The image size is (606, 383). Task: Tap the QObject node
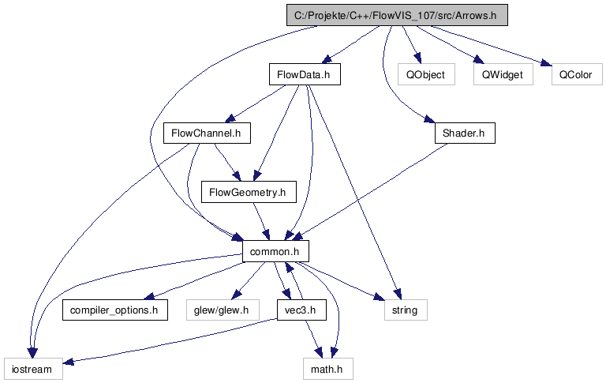(425, 75)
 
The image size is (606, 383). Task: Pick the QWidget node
(503, 75)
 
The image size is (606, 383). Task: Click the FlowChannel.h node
(206, 133)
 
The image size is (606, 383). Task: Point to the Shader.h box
(464, 133)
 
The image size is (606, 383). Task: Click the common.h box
(275, 251)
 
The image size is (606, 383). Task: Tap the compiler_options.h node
(114, 310)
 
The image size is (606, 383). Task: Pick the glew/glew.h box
(222, 310)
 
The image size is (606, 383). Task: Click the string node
(406, 310)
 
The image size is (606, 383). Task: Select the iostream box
(32, 369)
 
